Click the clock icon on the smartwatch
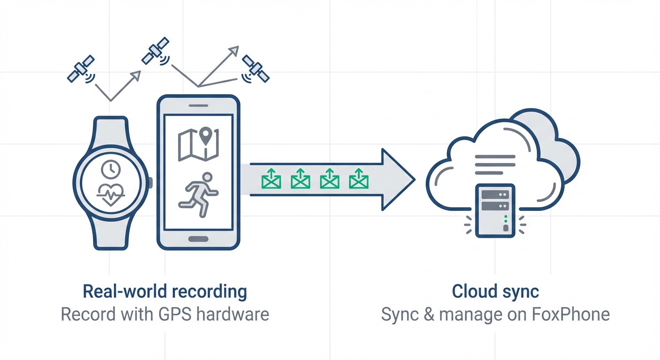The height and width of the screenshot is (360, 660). tap(111, 169)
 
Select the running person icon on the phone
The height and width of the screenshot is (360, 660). tap(199, 195)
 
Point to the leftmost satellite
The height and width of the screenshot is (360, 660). tap(81, 68)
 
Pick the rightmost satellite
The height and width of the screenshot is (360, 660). tap(255, 69)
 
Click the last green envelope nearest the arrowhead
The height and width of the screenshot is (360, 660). tap(359, 179)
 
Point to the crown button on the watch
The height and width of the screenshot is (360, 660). tap(151, 182)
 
